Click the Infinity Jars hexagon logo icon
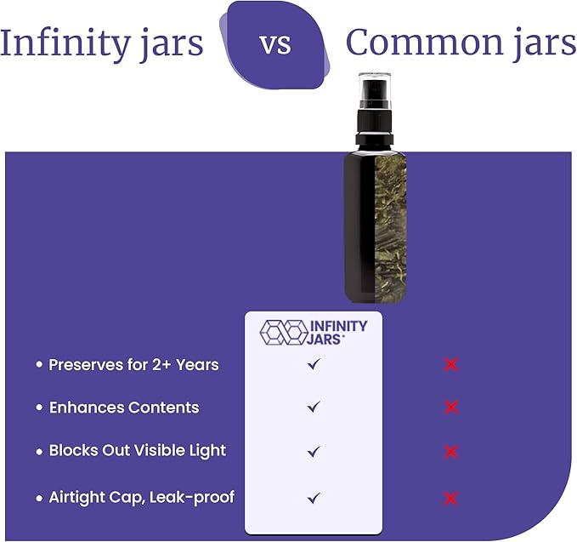(x=282, y=332)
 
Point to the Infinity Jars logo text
(x=337, y=332)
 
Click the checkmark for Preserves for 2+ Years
(x=314, y=364)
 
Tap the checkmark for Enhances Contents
(x=314, y=408)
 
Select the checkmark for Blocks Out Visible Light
(x=314, y=451)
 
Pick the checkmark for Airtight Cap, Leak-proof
(x=314, y=497)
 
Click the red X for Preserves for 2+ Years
(x=451, y=365)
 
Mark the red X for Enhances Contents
(x=451, y=408)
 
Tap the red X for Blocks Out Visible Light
(x=451, y=451)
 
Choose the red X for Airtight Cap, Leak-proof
(x=451, y=498)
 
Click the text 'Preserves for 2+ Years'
(x=133, y=364)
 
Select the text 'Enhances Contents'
(x=123, y=408)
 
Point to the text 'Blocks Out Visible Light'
(x=137, y=451)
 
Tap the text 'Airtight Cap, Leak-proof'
(x=141, y=497)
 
